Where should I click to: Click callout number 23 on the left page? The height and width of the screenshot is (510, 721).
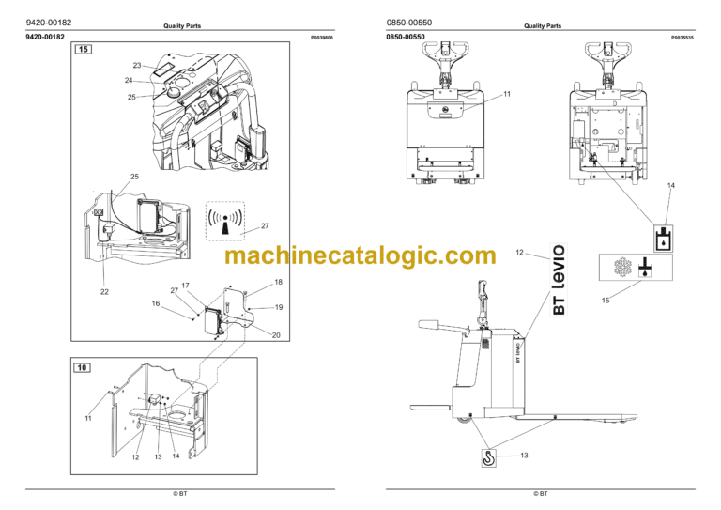coord(137,66)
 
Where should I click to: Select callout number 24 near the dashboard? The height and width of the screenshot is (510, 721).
coord(129,80)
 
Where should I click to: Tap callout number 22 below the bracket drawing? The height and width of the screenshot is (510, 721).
coord(104,291)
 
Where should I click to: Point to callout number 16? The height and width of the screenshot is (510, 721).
coord(156,303)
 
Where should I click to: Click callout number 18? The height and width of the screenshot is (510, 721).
coord(278,282)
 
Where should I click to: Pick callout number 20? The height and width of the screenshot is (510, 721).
coord(276,335)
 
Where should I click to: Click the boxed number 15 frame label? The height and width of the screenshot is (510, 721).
coord(84,49)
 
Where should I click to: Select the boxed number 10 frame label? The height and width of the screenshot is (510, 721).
coord(82,367)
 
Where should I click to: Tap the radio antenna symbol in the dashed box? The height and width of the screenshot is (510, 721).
coord(225,222)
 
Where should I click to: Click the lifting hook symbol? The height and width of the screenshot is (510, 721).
coord(488,457)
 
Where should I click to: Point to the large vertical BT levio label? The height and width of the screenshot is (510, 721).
coord(559,280)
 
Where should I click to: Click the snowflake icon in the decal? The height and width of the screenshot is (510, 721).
coord(623,267)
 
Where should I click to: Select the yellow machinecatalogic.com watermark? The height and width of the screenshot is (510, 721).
coord(360,255)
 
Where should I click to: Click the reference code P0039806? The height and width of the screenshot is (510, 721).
coord(322,38)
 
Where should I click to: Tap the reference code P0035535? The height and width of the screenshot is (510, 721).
coord(683,38)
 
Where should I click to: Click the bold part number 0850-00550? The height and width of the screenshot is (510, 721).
coord(406,37)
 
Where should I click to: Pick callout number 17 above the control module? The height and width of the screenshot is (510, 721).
coord(185,286)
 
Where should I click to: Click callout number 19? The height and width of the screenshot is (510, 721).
coord(279,307)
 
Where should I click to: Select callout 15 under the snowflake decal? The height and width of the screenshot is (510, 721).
coord(606,301)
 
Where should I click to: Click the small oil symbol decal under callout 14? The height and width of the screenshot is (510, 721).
coord(664,239)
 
